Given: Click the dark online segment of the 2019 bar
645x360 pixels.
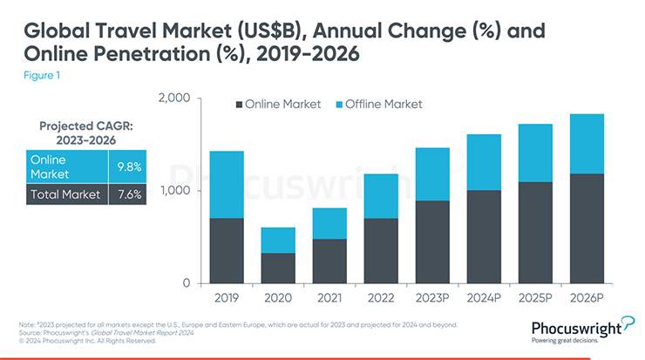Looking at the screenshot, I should click(x=227, y=250).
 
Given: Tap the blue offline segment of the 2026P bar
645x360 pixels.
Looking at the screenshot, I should click(x=586, y=144).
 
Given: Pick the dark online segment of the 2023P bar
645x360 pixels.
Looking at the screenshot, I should click(x=432, y=241).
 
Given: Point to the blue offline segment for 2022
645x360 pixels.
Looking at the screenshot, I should click(x=380, y=196).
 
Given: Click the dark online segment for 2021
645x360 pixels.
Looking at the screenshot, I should click(x=329, y=261).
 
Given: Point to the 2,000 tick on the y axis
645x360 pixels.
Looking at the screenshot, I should click(x=175, y=98).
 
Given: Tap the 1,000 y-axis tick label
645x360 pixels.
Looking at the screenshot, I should click(x=175, y=191).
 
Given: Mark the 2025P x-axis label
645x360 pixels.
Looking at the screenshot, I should click(x=534, y=298).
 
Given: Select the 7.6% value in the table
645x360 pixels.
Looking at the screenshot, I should click(x=129, y=194).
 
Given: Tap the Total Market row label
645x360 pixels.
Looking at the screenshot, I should click(x=65, y=194).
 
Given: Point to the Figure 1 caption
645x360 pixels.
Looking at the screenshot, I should click(x=42, y=76).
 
